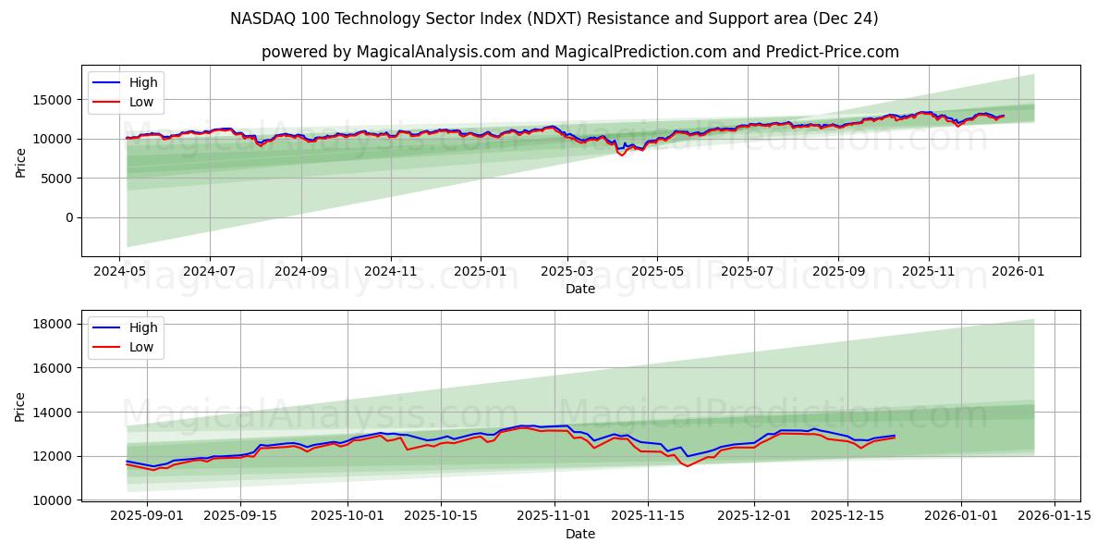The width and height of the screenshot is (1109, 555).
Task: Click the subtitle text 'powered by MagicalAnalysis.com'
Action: tap(388, 52)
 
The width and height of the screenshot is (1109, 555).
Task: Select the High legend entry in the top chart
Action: tap(143, 82)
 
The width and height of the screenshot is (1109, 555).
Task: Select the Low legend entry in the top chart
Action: tap(141, 103)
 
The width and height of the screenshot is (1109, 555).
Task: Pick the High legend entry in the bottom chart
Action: tap(143, 327)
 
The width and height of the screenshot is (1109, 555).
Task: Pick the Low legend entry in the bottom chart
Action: tap(141, 348)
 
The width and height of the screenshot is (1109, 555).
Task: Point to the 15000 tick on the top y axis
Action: tap(54, 100)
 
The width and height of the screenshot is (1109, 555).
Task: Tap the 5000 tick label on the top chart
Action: tap(57, 179)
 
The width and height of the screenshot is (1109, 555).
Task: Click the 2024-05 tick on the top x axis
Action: tap(119, 273)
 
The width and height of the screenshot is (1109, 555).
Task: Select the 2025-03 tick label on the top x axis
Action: tap(567, 273)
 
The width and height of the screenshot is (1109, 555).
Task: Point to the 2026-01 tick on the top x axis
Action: tap(1018, 273)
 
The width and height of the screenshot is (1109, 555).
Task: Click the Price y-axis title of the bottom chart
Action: tap(20, 406)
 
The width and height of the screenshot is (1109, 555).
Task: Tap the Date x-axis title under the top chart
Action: tap(579, 289)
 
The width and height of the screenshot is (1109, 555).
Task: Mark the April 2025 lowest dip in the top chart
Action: tap(621, 154)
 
